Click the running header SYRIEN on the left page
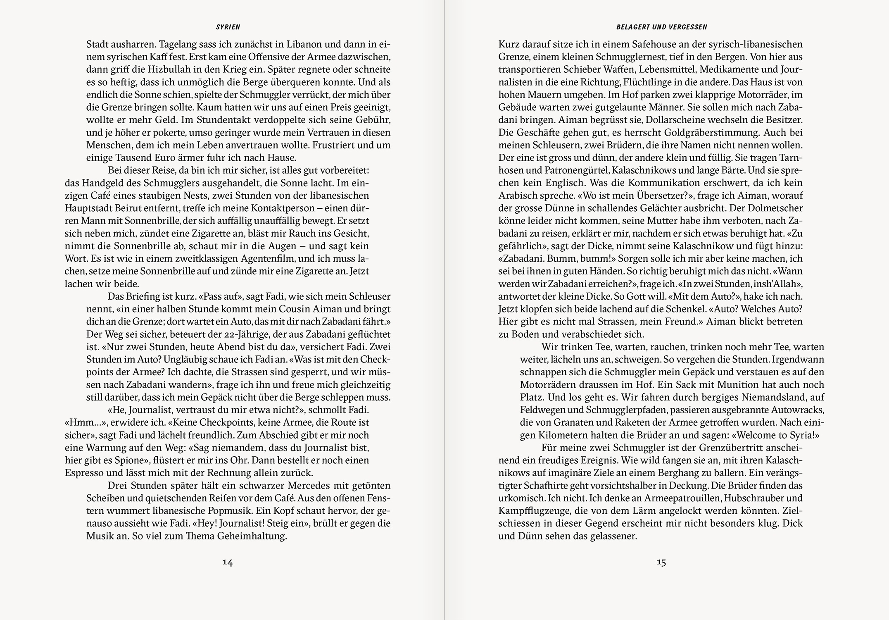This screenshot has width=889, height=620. point(228,27)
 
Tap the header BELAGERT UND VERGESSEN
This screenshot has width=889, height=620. point(662,27)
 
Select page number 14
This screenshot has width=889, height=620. point(228,562)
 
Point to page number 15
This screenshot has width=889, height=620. point(661,562)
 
